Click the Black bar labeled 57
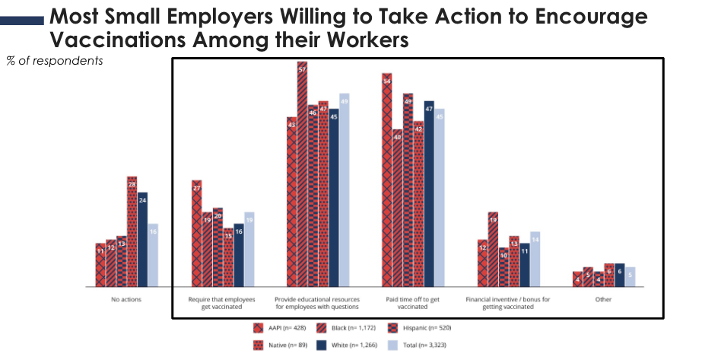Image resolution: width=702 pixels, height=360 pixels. pyautogui.click(x=302, y=174)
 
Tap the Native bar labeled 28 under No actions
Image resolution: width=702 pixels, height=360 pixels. pyautogui.click(x=132, y=231)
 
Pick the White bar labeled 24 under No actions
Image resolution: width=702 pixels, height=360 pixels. pyautogui.click(x=142, y=239)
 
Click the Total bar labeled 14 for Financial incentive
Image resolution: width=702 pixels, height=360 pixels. pyautogui.click(x=535, y=259)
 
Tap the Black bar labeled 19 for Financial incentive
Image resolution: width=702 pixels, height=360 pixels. pyautogui.click(x=493, y=249)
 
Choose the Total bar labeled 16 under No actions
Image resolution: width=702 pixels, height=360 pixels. pyautogui.click(x=153, y=255)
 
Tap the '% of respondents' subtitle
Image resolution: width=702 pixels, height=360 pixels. pyautogui.click(x=55, y=60)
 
